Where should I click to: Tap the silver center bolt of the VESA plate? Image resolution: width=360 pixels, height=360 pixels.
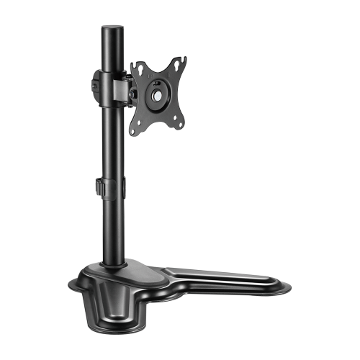pos(156,94)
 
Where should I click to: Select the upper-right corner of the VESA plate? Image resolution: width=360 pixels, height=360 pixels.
pos(178,64)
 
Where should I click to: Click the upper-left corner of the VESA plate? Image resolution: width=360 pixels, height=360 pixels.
pos(135,66)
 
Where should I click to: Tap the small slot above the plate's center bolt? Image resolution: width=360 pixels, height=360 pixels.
pos(156,81)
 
